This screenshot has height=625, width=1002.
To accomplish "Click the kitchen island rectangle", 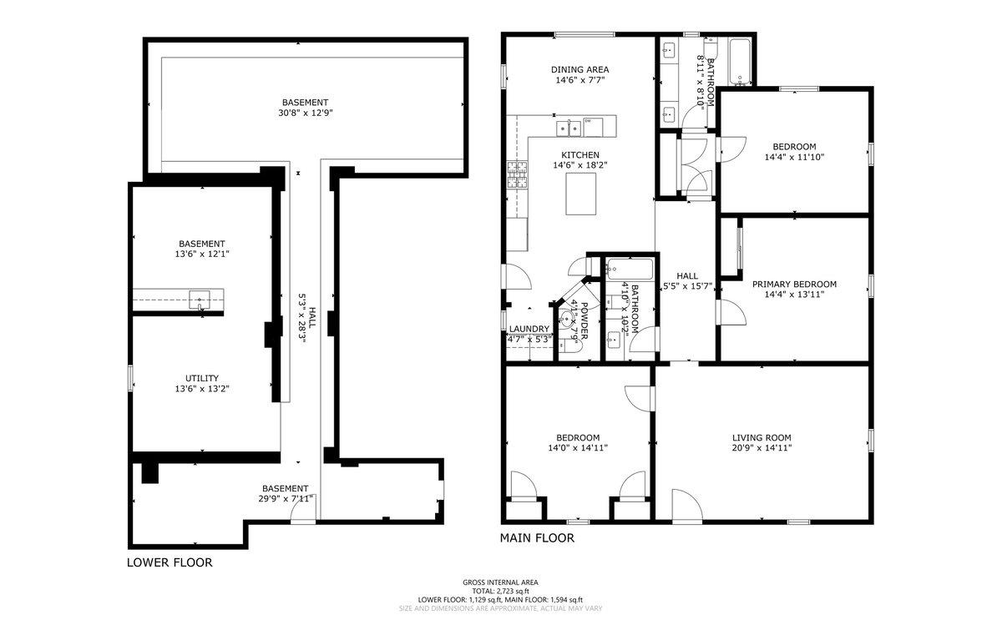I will click(582, 194).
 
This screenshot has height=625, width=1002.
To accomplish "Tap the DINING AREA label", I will click(579, 70).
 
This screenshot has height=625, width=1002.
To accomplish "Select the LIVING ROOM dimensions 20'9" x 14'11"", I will click(761, 448).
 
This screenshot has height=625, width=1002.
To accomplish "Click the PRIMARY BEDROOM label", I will click(794, 284).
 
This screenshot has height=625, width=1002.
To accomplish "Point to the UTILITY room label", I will click(202, 378).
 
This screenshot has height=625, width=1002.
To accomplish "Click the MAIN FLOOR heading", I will click(537, 538).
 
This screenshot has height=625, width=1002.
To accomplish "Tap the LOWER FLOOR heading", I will click(170, 562).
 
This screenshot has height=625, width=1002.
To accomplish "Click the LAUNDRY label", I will click(529, 329).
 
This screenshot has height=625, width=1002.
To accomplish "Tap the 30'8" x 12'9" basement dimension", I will click(305, 113).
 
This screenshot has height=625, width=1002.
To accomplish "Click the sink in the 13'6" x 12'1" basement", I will click(200, 299).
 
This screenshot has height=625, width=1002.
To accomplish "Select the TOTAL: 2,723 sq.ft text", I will click(501, 591).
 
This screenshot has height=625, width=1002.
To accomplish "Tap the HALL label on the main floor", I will click(687, 276).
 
